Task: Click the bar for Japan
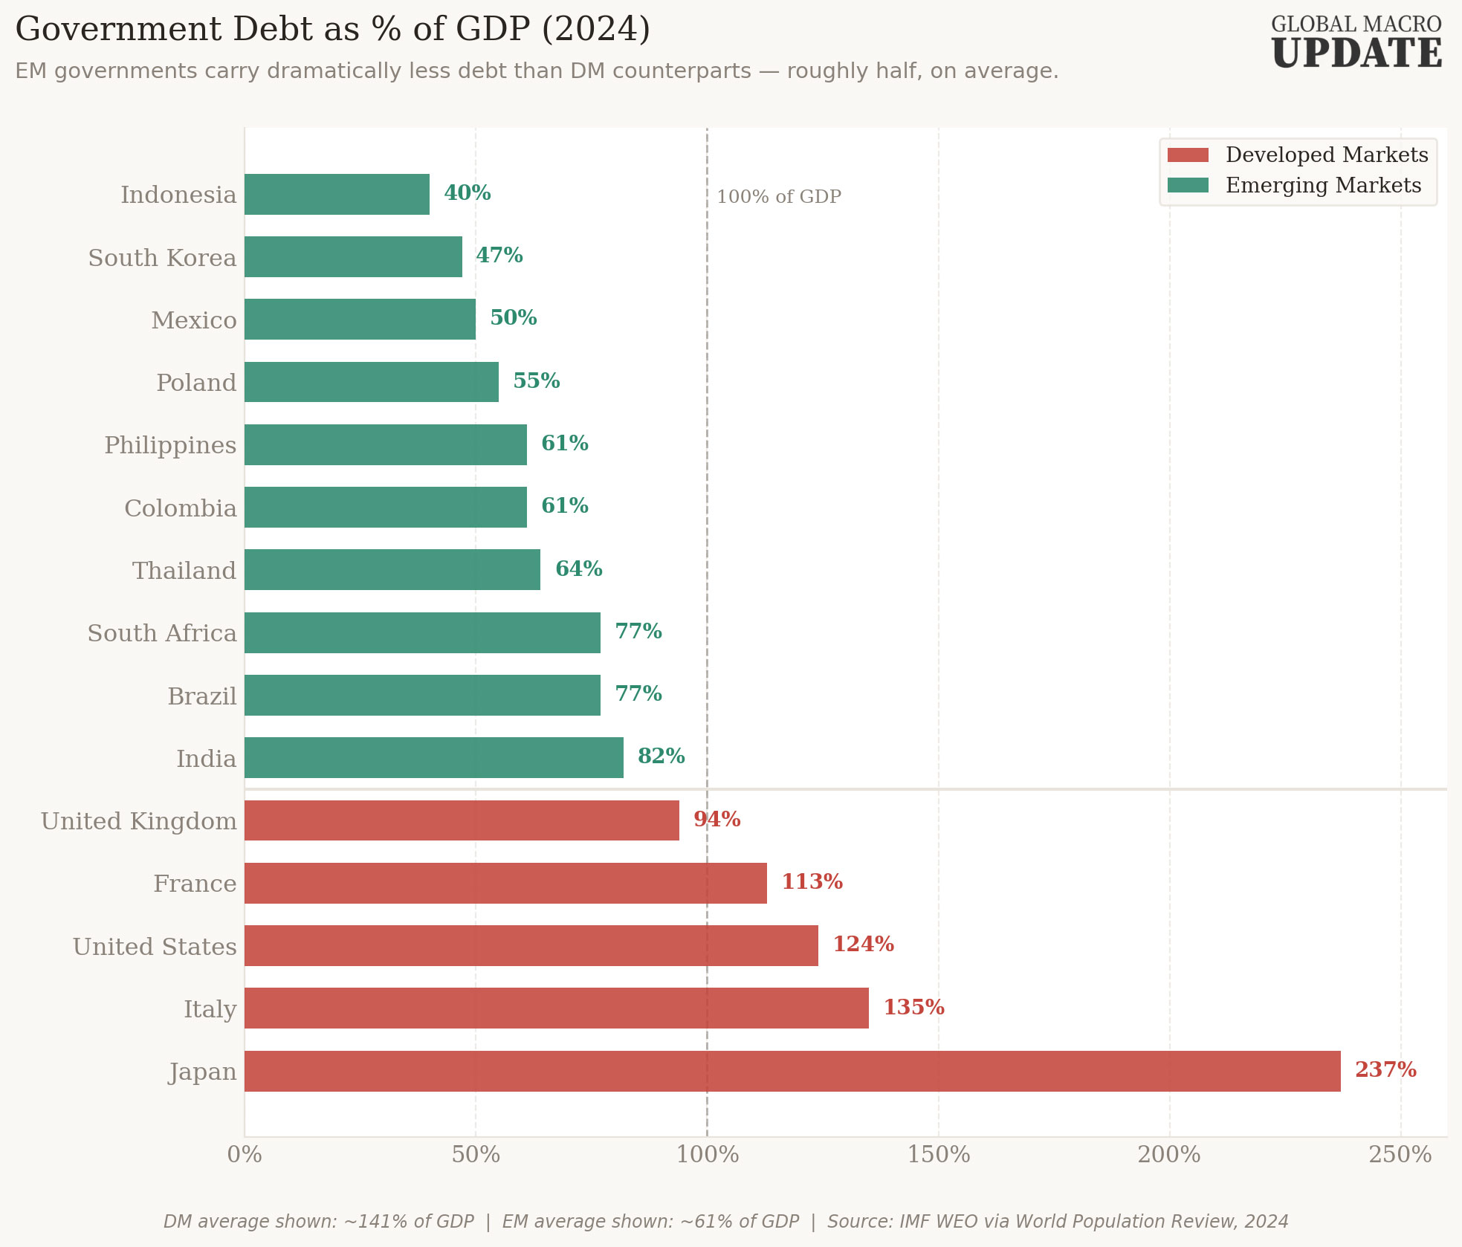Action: point(792,1071)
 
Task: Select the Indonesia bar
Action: point(337,194)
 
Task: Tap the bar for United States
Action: point(531,945)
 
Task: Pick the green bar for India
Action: point(434,757)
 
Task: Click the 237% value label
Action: point(1385,1069)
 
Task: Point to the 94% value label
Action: point(717,819)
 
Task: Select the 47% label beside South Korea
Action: point(499,255)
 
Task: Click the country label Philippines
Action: point(170,445)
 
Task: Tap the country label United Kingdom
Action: point(139,821)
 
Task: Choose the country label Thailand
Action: point(184,571)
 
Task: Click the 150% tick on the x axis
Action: point(939,1154)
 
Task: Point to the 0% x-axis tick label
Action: point(245,1154)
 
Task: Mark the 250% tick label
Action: point(1400,1154)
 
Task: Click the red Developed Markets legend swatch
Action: point(1188,155)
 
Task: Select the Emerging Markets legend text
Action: point(1323,185)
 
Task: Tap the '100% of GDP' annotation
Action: point(779,197)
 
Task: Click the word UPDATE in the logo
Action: point(1356,54)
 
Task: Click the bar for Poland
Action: point(372,382)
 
